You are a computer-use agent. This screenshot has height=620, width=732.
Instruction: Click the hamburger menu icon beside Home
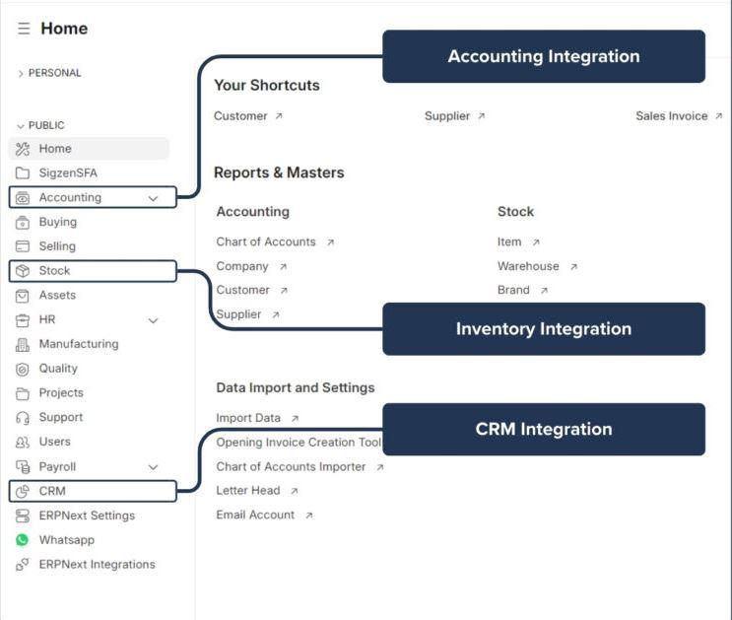point(24,29)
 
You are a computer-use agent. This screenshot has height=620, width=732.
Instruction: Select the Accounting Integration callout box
point(543,56)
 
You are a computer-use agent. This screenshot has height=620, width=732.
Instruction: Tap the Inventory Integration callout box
point(543,329)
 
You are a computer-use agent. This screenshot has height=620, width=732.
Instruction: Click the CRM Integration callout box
point(543,429)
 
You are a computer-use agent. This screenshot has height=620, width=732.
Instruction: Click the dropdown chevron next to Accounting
point(153,198)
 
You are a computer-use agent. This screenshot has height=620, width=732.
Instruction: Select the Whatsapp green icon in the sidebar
point(22,540)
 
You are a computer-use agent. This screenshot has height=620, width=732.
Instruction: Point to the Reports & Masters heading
point(279,172)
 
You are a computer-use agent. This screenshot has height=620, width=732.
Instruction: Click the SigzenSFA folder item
point(67,173)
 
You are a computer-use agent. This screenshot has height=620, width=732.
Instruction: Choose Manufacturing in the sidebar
point(78,344)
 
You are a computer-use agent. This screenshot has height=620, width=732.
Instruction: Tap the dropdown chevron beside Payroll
point(153,467)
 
